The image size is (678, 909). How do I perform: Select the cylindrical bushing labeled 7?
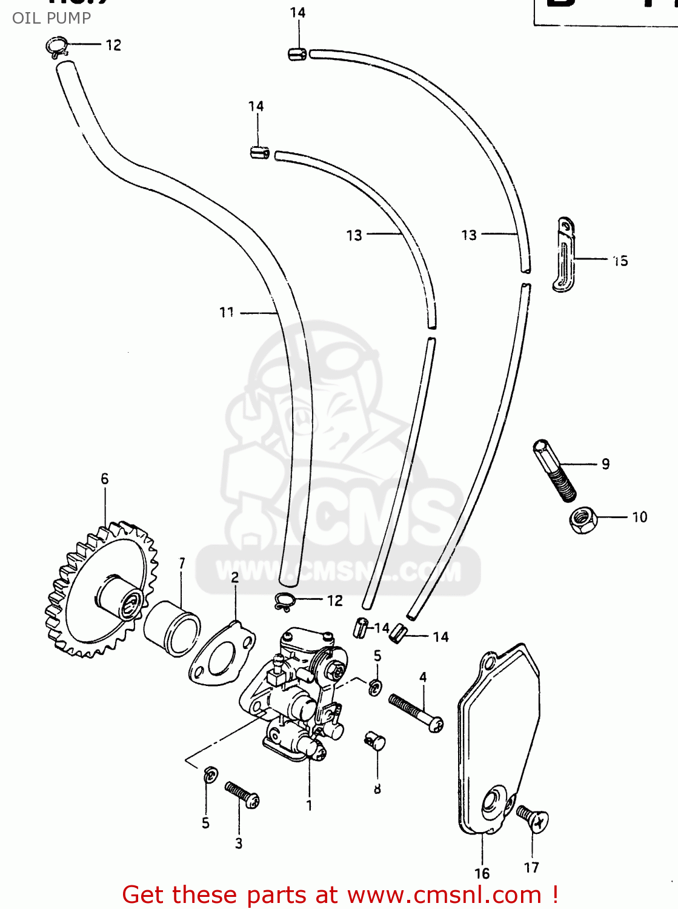(x=171, y=628)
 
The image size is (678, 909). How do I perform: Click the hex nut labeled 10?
(x=583, y=519)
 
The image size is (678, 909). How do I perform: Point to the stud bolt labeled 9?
(x=554, y=470)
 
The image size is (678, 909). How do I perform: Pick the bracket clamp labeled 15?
(x=564, y=255)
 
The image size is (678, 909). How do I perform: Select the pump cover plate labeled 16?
(x=497, y=739)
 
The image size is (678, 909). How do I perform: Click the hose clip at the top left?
(x=57, y=47)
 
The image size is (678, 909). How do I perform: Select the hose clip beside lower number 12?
(x=284, y=601)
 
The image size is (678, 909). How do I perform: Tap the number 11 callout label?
(x=227, y=312)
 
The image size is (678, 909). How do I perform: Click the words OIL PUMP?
(x=52, y=18)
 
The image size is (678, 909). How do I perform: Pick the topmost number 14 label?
(x=297, y=13)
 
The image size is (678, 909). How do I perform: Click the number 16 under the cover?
(x=482, y=873)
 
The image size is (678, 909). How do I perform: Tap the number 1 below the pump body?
(x=309, y=805)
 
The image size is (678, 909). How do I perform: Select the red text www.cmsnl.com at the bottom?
(x=444, y=895)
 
